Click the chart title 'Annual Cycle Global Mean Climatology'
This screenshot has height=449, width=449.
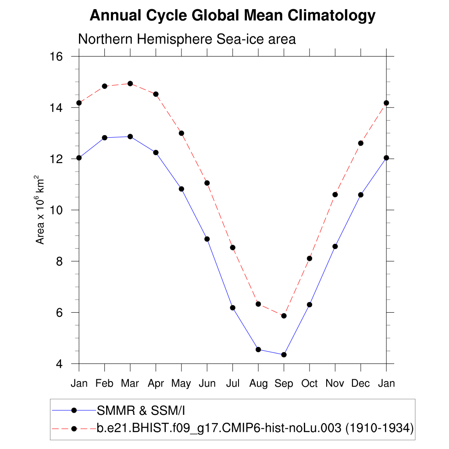[x=232, y=16]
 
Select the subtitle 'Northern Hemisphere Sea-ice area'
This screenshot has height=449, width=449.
[x=187, y=39]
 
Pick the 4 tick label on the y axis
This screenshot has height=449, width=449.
[x=59, y=364]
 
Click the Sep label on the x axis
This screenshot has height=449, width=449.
[x=284, y=384]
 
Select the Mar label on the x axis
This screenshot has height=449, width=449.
[x=130, y=384]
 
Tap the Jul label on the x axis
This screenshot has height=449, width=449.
[x=232, y=384]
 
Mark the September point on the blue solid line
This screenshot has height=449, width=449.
[x=284, y=355]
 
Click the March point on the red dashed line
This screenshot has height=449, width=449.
[x=130, y=83]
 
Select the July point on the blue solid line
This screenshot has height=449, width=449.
[x=232, y=308]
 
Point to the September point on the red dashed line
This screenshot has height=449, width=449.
[x=284, y=316]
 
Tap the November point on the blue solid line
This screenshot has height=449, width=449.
[x=335, y=246]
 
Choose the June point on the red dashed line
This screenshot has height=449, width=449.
[x=207, y=183]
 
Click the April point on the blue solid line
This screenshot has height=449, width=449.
[x=156, y=152]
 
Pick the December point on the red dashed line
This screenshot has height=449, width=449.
[x=361, y=143]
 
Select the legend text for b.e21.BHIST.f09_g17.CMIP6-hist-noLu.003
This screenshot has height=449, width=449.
[x=254, y=428]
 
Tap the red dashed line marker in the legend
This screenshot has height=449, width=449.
[x=74, y=428]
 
